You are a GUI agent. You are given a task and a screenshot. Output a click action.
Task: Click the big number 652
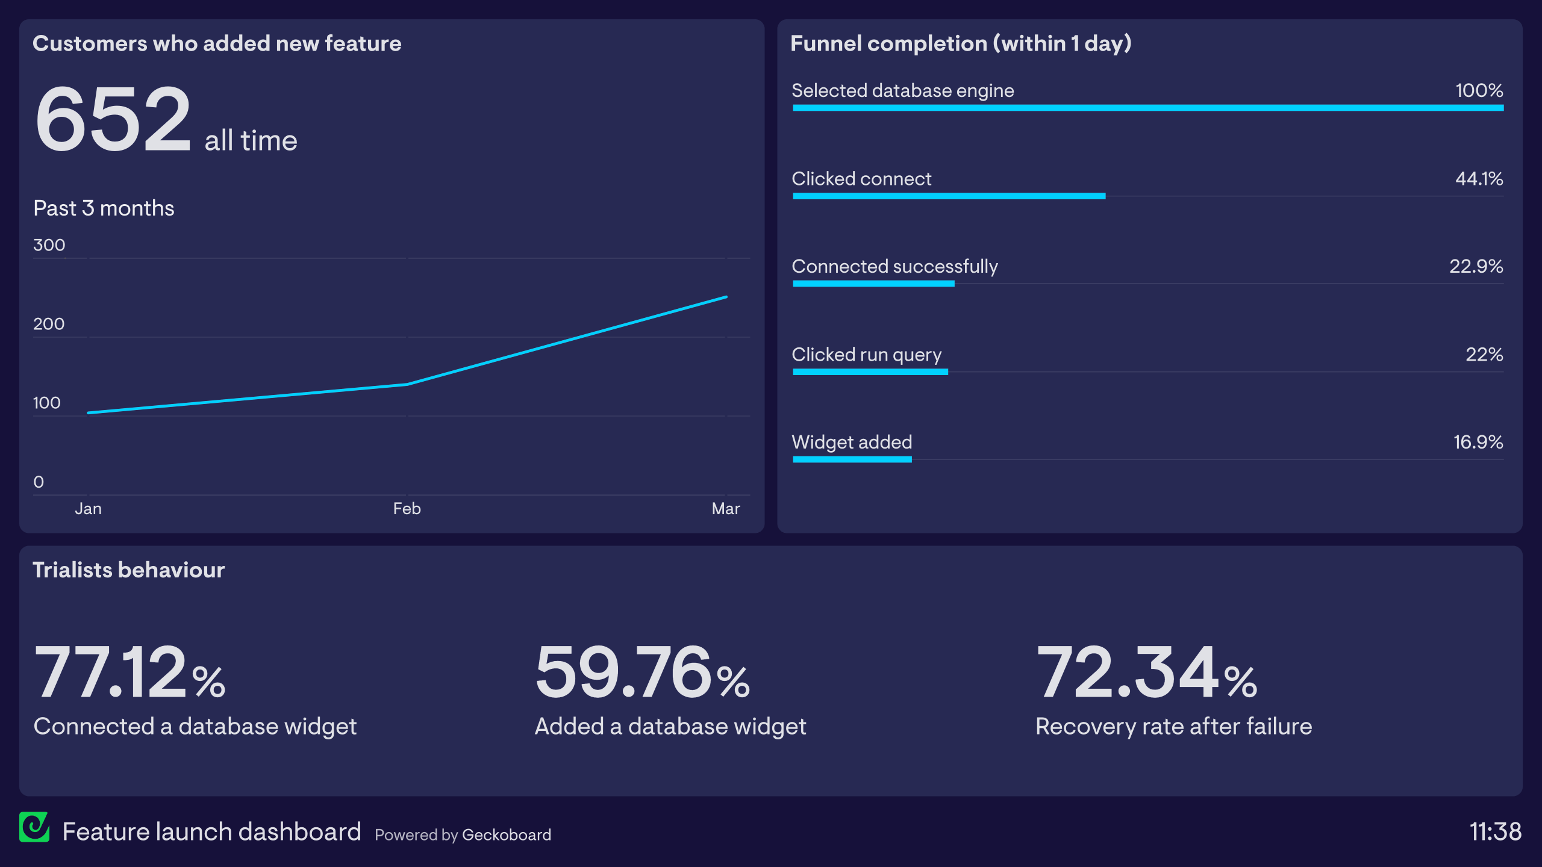point(113,119)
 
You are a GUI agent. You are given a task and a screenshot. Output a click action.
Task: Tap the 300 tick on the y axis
point(49,245)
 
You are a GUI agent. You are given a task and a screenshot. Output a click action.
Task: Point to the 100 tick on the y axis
point(47,403)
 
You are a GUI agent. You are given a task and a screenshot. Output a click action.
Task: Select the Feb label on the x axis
point(407,509)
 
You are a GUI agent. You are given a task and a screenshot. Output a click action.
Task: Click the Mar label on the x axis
point(725,509)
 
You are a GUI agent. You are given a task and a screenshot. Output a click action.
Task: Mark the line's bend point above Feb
point(407,384)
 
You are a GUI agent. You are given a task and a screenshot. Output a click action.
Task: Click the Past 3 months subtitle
point(104,208)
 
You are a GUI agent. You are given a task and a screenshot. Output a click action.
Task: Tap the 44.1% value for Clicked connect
point(1479,179)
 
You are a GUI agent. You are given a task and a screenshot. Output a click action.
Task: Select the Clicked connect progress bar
point(949,196)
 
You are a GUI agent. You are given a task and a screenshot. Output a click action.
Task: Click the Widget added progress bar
point(852,459)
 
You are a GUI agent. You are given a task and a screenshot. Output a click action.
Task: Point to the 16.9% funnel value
point(1478,443)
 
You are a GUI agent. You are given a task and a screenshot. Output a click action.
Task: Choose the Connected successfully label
point(894,267)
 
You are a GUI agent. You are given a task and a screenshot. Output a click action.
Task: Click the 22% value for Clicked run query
point(1484,355)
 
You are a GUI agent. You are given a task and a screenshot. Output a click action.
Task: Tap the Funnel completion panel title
point(961,44)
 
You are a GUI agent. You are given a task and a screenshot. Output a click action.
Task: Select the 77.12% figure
point(130,673)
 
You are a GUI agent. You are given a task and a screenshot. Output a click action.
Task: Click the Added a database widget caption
point(670,727)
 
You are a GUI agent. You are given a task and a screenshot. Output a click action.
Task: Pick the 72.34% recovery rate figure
point(1146,673)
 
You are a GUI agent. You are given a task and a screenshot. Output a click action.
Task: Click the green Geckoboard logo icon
point(34,827)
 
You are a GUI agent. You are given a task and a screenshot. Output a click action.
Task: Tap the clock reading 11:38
point(1495,832)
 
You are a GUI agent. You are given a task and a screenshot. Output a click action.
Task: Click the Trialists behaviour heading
point(128,570)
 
